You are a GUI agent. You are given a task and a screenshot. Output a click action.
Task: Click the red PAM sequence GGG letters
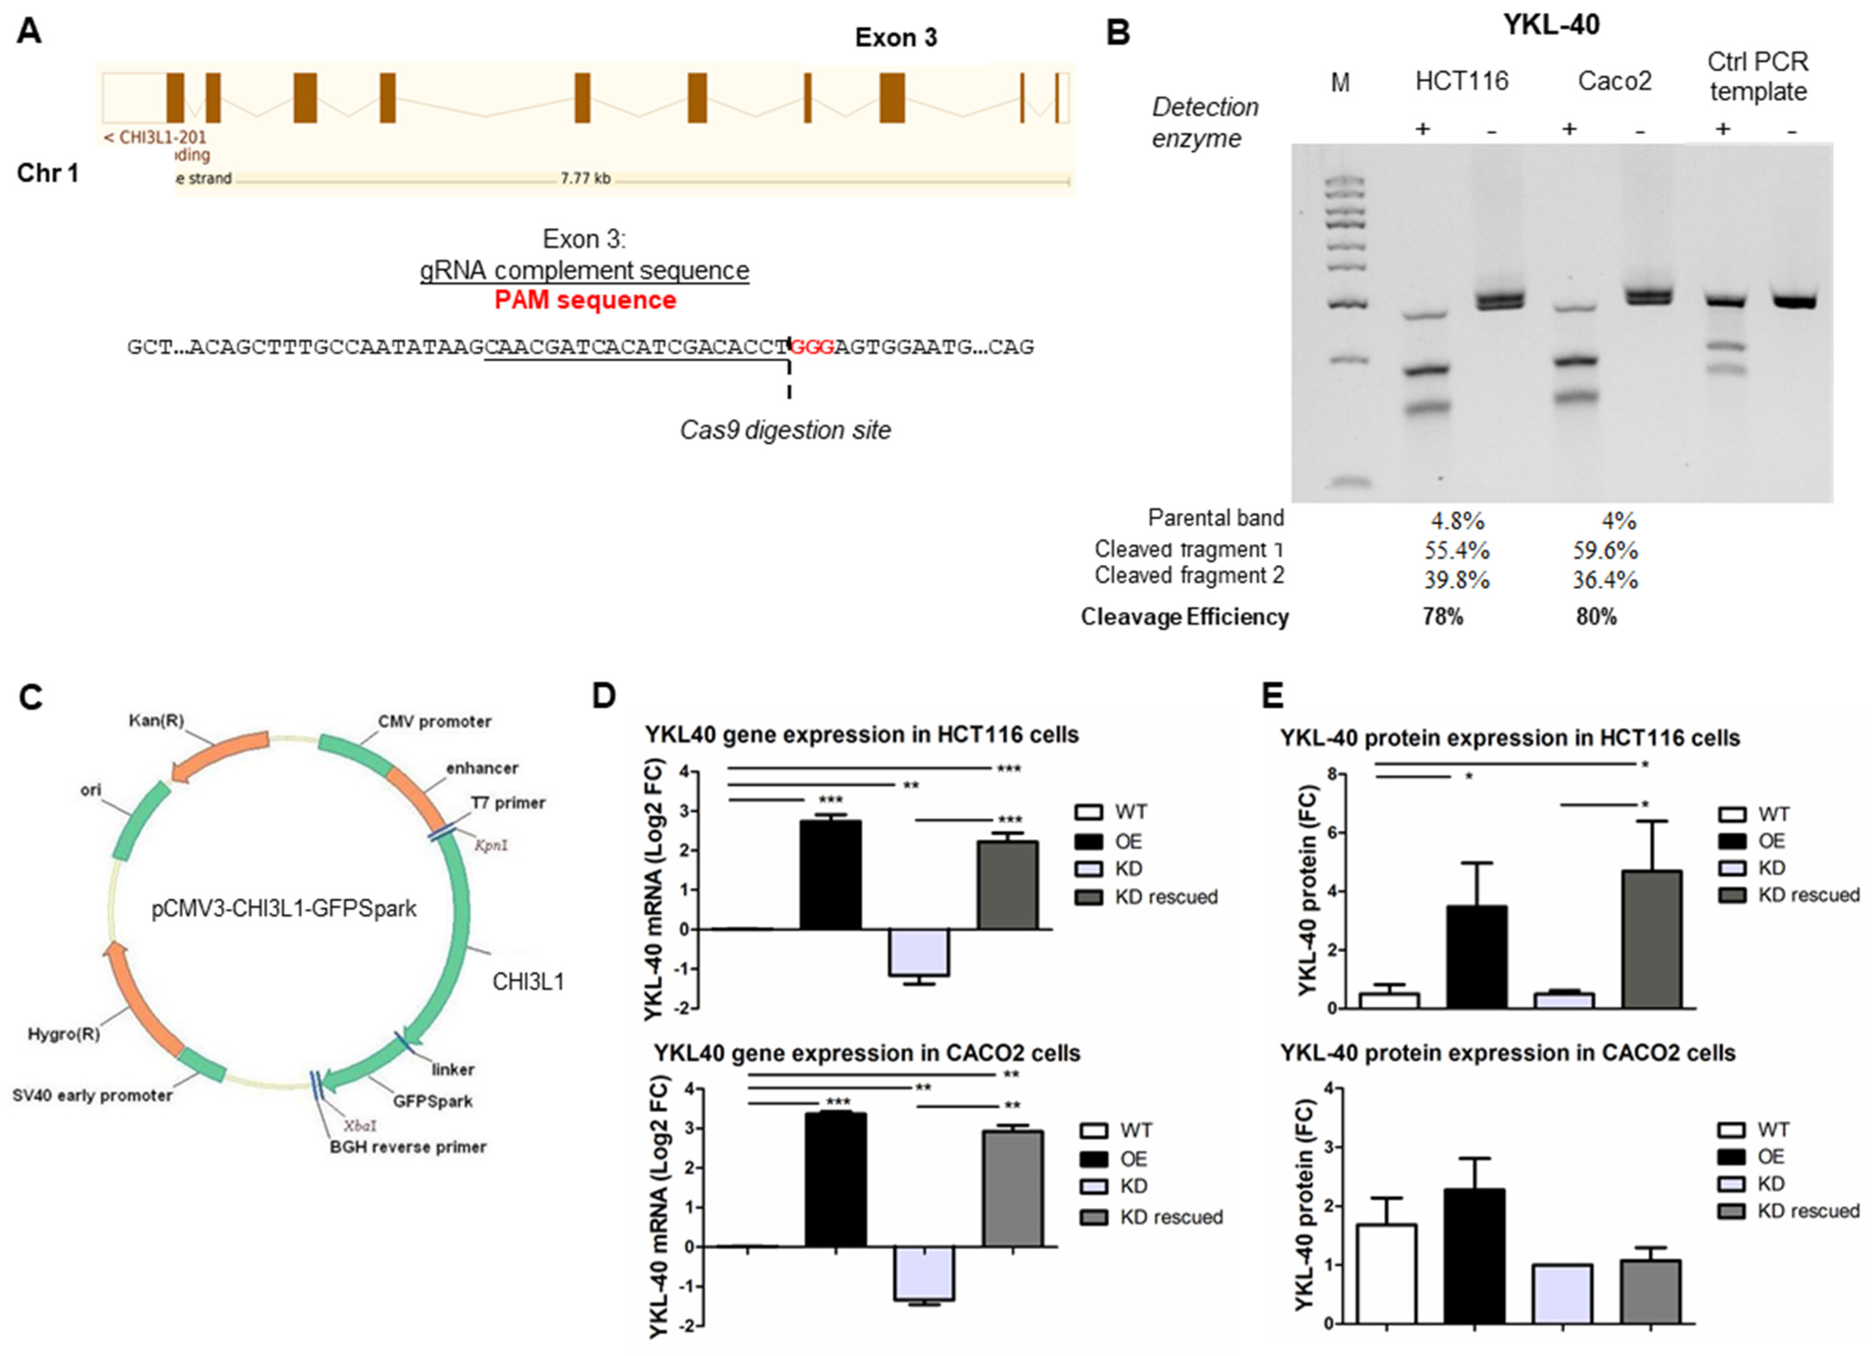811,347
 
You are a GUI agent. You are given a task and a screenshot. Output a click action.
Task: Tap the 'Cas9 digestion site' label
785,430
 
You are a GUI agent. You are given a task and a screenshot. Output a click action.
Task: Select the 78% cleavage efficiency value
1442,617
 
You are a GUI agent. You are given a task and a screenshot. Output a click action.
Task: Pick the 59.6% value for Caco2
1605,551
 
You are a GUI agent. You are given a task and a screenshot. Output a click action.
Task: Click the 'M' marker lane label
1340,83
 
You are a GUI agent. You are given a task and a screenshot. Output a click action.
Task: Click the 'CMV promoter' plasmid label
434,722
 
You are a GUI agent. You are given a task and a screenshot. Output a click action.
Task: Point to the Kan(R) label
156,721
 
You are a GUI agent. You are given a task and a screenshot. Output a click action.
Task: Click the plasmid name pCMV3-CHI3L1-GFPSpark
284,909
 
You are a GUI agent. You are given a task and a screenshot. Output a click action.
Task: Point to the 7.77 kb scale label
585,178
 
